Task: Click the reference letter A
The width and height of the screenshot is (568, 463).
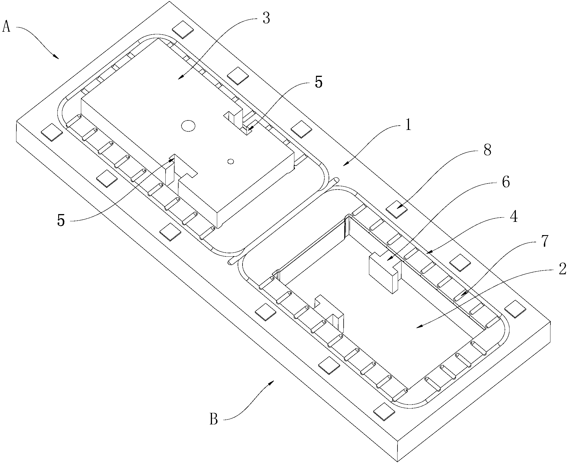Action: tap(7, 27)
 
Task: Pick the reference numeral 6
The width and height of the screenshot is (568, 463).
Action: tap(505, 182)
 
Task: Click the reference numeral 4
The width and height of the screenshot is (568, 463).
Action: tap(513, 217)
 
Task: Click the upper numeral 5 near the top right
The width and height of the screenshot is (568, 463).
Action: tap(319, 82)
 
